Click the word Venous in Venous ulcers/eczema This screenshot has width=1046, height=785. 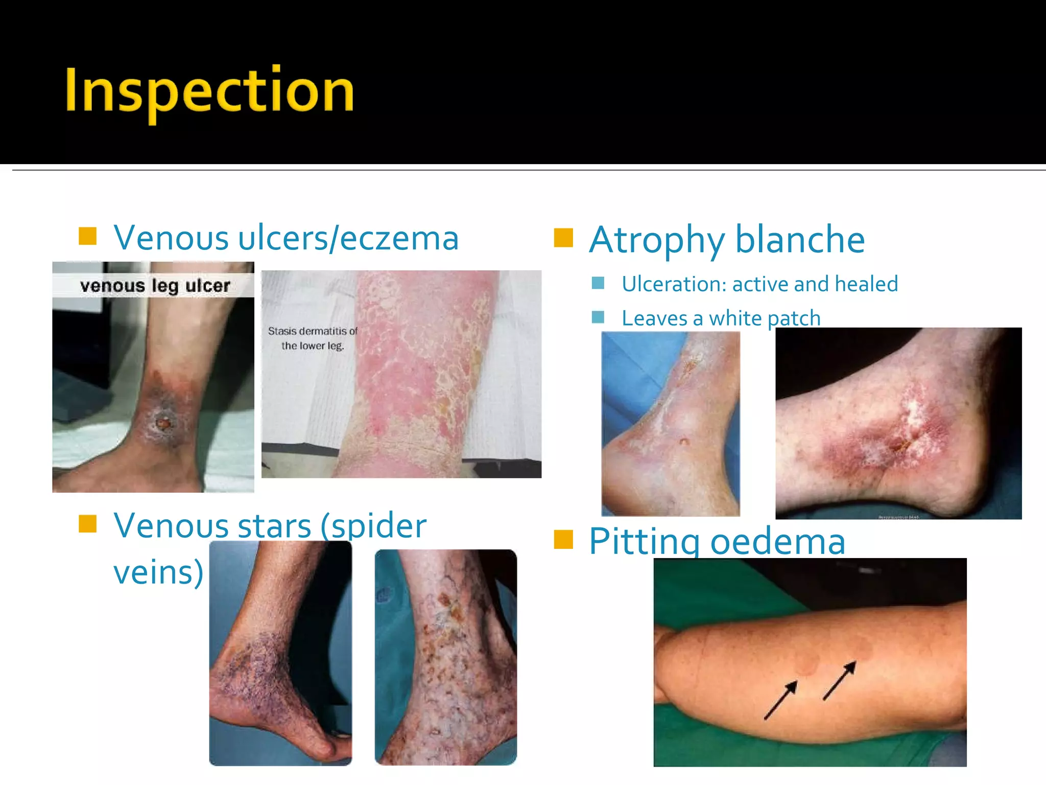coord(171,238)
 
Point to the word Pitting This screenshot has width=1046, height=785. coord(645,542)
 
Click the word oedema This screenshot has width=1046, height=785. coord(777,542)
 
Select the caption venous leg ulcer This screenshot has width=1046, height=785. coord(155,286)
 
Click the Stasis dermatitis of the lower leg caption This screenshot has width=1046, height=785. coord(313,338)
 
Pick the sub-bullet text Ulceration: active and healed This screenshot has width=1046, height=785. coord(759,284)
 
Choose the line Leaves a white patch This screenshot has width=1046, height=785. coord(721,318)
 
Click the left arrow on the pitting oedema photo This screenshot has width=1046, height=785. coord(780,700)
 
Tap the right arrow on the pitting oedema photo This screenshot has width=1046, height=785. coord(840,681)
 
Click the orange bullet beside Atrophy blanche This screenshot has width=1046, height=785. coord(563,238)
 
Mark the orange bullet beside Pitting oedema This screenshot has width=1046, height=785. coord(563,539)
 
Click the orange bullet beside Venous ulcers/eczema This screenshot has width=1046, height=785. coord(88,236)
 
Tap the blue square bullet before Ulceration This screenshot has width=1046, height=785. coord(598,283)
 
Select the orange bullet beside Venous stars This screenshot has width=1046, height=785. coord(88,524)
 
